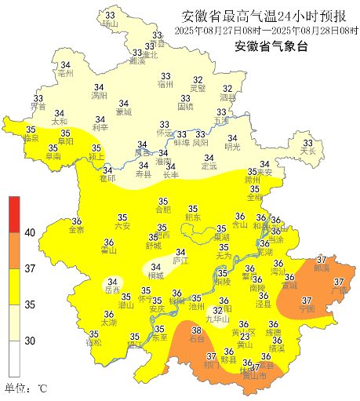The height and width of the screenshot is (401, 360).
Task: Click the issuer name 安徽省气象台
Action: [x=271, y=46]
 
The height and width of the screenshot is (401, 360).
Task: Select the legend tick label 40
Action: [x=31, y=232]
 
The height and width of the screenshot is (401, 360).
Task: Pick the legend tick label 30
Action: [x=31, y=341]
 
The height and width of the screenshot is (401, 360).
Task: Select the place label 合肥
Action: [x=162, y=210]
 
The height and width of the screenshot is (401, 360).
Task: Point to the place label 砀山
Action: [x=109, y=25]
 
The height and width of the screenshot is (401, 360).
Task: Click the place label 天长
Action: [x=307, y=151]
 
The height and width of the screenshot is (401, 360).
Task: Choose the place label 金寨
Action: [x=77, y=230]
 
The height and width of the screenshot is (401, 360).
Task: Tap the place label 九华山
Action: [x=217, y=319]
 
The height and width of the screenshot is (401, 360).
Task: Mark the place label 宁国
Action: [x=307, y=309]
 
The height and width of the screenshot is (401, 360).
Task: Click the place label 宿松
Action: [x=94, y=343]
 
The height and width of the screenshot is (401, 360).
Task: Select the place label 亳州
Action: [x=65, y=73]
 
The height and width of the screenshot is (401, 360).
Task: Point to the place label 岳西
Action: [x=112, y=290]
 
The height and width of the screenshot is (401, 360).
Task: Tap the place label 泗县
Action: [x=227, y=99]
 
